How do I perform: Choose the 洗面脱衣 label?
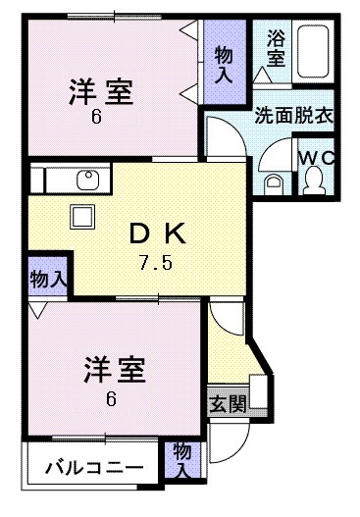coord(293,114)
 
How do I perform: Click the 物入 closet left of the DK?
coord(47,278)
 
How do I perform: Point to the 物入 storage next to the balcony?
coord(182,458)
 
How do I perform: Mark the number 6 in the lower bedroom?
coord(111,397)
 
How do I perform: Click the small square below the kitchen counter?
coord(79,216)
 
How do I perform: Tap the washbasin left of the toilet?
coord(276,181)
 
